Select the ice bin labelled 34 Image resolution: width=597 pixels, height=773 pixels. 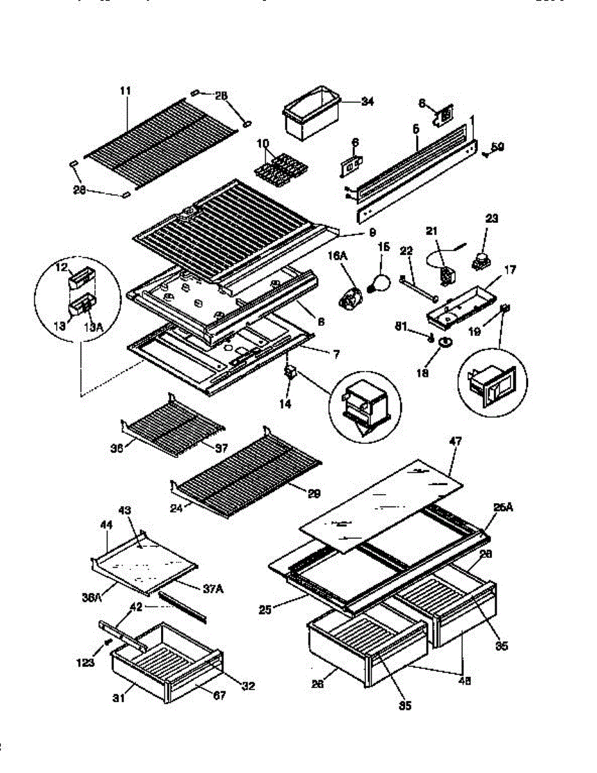(x=309, y=116)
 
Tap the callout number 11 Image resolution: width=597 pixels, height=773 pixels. (x=125, y=91)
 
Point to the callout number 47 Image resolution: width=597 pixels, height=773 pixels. (x=455, y=443)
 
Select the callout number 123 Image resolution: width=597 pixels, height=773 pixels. (x=85, y=662)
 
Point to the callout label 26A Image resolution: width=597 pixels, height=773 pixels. (x=503, y=508)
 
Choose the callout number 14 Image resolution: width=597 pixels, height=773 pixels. (x=285, y=404)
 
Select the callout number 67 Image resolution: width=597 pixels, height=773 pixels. (x=220, y=696)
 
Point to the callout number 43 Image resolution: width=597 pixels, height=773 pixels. (x=126, y=511)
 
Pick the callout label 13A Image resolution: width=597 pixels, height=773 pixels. (x=93, y=327)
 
